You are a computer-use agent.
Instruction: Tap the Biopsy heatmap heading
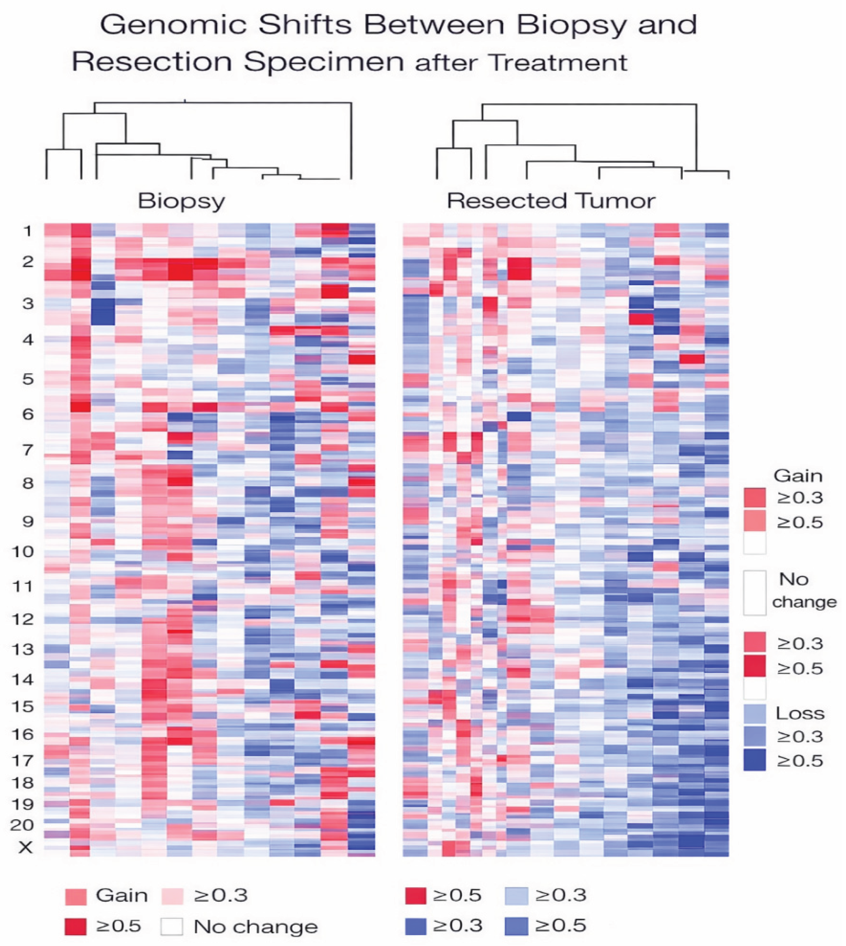[x=181, y=201]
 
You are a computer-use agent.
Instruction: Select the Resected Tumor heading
[x=551, y=201]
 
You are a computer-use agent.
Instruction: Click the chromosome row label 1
[x=28, y=231]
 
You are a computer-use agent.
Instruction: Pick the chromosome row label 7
[x=28, y=450]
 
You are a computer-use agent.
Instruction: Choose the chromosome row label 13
[x=22, y=649]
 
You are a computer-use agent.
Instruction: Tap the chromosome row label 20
[x=22, y=825]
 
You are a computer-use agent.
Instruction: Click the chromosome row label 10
[x=22, y=552]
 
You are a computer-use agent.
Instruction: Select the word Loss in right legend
[x=800, y=714]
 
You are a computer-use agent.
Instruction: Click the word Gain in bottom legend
[x=122, y=895]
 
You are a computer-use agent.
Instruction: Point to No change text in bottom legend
[x=256, y=927]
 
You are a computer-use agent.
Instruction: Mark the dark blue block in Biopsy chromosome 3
[x=103, y=311]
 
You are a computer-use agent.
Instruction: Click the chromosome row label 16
[x=22, y=734]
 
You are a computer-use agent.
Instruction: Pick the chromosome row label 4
[x=28, y=340]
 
